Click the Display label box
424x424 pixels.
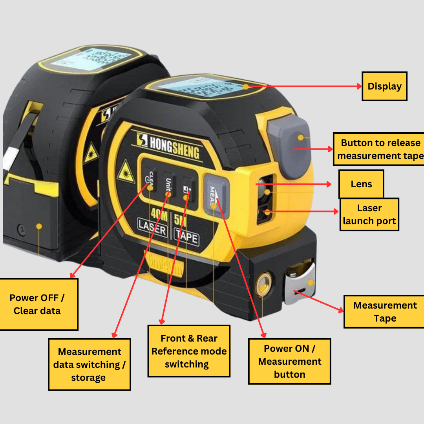(x=384, y=86)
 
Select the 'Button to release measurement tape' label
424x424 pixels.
(x=379, y=149)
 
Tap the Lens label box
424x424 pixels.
(x=361, y=184)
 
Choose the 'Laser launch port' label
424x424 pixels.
(x=369, y=214)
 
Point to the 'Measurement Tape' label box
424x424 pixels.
(x=385, y=312)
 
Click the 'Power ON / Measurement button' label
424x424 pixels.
(x=290, y=361)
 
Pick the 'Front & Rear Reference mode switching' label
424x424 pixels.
(x=189, y=351)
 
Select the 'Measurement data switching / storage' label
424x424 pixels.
(x=90, y=364)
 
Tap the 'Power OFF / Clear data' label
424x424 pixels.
(x=38, y=304)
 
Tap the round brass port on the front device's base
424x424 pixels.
(x=263, y=284)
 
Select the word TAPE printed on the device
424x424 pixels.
(x=187, y=238)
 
